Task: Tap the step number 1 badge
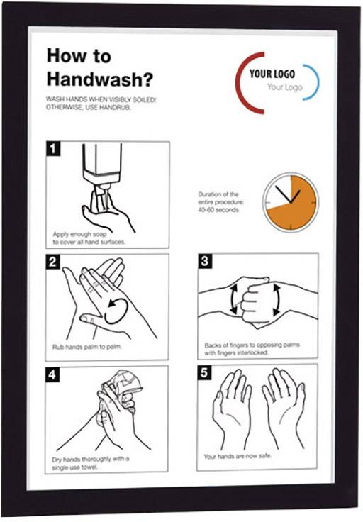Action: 52,149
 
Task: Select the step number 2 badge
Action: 52,262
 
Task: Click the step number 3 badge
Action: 205,262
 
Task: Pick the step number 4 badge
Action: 52,374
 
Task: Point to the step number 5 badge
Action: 204,373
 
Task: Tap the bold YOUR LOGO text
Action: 272,74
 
